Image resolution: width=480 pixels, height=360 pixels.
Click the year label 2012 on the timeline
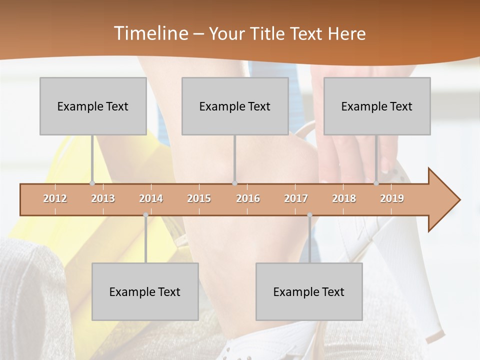[x=55, y=198]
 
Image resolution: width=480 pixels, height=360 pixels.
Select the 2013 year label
[x=103, y=198]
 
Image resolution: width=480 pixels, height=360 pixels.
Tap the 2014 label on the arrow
[x=151, y=198]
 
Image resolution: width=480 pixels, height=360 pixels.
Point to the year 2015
[x=199, y=198]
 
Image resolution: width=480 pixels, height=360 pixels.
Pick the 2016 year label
[x=248, y=198]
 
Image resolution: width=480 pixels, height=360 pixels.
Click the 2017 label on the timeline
[x=296, y=198]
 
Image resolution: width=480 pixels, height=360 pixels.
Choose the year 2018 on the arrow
[x=344, y=198]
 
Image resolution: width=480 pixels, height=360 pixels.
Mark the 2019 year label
[x=392, y=198]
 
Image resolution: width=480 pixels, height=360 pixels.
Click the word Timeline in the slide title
[x=150, y=33]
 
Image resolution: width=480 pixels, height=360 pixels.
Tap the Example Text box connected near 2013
[x=93, y=106]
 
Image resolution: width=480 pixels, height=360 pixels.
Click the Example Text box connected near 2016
[x=235, y=106]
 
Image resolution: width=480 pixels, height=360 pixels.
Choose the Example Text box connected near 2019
[x=377, y=106]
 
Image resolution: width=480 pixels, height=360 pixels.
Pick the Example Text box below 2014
[x=145, y=291]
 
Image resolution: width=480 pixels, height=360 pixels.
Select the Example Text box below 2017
[x=309, y=291]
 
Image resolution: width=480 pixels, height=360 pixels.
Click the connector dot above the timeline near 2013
[x=92, y=183]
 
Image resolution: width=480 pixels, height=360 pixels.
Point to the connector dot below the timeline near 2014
[x=145, y=215]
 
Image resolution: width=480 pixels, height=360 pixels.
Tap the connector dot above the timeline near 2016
[x=234, y=183]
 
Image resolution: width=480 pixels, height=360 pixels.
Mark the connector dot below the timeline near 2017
[x=309, y=215]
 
